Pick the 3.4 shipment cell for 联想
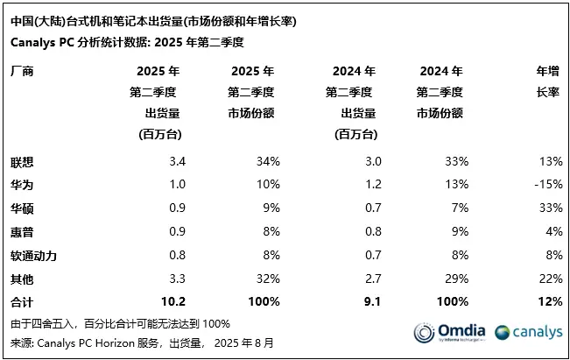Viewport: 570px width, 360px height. tap(177, 161)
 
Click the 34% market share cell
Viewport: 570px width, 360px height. tap(267, 161)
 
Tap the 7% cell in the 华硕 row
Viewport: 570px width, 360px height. tap(460, 208)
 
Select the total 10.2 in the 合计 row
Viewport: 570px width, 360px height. tap(173, 302)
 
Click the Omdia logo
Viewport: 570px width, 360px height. tap(447, 333)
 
